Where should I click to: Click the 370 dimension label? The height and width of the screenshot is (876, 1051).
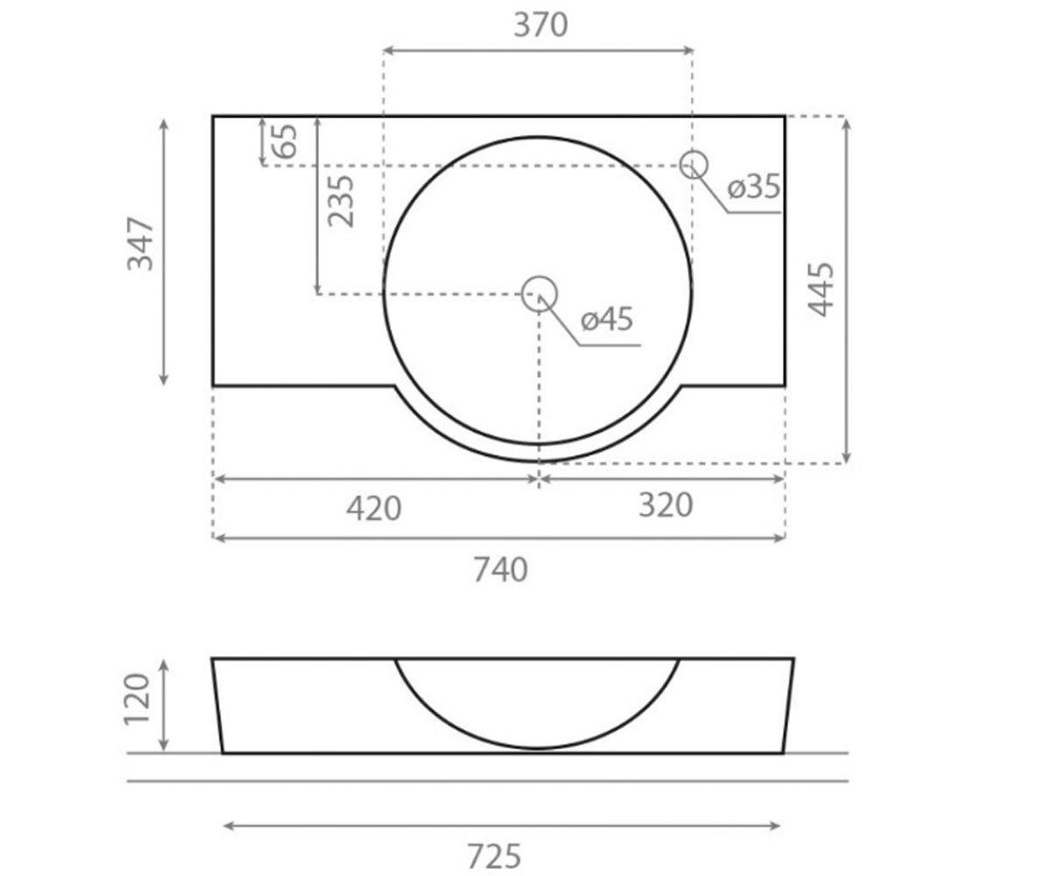(x=540, y=25)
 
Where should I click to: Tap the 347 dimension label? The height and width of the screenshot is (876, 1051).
(x=140, y=244)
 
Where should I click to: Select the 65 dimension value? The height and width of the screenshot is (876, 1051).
(x=285, y=141)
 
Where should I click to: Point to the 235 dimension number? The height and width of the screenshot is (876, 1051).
(x=342, y=201)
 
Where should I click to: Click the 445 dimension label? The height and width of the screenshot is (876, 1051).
(x=821, y=289)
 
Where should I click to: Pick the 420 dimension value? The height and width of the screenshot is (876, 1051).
(x=373, y=508)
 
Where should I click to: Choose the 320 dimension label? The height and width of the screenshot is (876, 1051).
(x=666, y=505)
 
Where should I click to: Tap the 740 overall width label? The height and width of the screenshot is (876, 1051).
(x=500, y=570)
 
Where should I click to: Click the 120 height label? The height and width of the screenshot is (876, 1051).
(x=137, y=700)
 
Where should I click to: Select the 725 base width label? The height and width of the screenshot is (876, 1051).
(x=494, y=857)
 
